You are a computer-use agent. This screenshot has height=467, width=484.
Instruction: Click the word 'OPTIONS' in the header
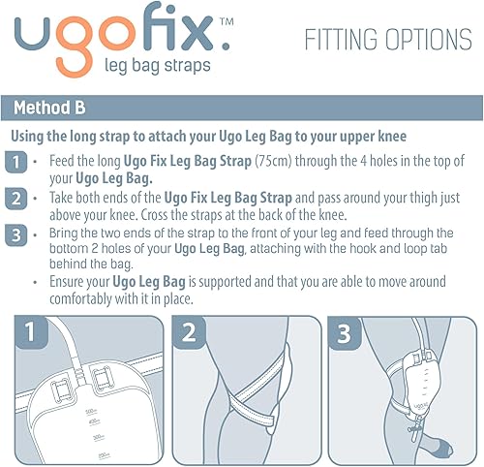click(x=427, y=40)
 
